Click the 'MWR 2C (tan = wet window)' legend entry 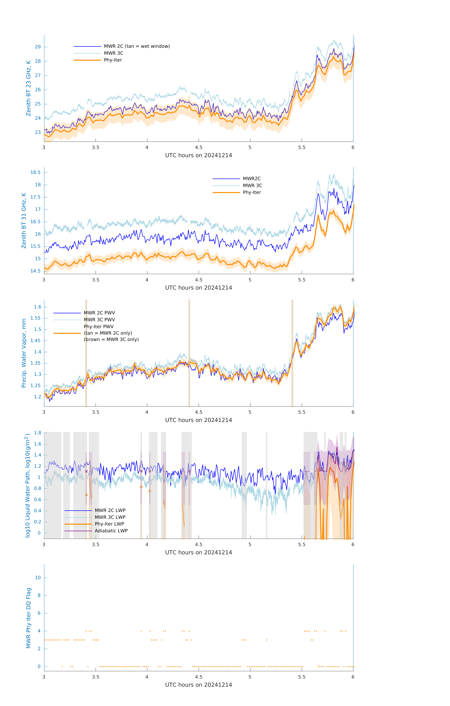click(137, 46)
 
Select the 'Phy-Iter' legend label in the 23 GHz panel click(113, 60)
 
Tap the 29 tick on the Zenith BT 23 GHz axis click(38, 47)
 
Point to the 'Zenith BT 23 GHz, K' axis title click(28, 88)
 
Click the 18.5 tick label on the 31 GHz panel click(36, 172)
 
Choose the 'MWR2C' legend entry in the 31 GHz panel click(252, 179)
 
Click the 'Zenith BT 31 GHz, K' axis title click(24, 221)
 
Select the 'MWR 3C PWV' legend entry click(99, 320)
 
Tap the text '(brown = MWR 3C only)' click(111, 339)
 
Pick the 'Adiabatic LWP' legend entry click(111, 531)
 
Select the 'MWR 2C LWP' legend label click(110, 510)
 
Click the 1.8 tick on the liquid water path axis click(38, 433)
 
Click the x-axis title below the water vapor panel click(198, 420)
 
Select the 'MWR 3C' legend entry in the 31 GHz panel click(252, 186)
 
